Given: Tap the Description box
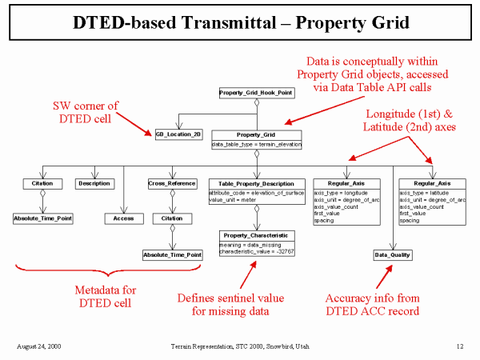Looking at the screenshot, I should pyautogui.click(x=94, y=183).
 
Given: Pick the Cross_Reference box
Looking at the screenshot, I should pyautogui.click(x=172, y=183).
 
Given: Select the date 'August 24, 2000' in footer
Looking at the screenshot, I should pyautogui.click(x=39, y=346).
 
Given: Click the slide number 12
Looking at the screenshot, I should pyautogui.click(x=460, y=346).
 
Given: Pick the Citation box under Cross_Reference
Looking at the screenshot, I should pyautogui.click(x=172, y=218).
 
